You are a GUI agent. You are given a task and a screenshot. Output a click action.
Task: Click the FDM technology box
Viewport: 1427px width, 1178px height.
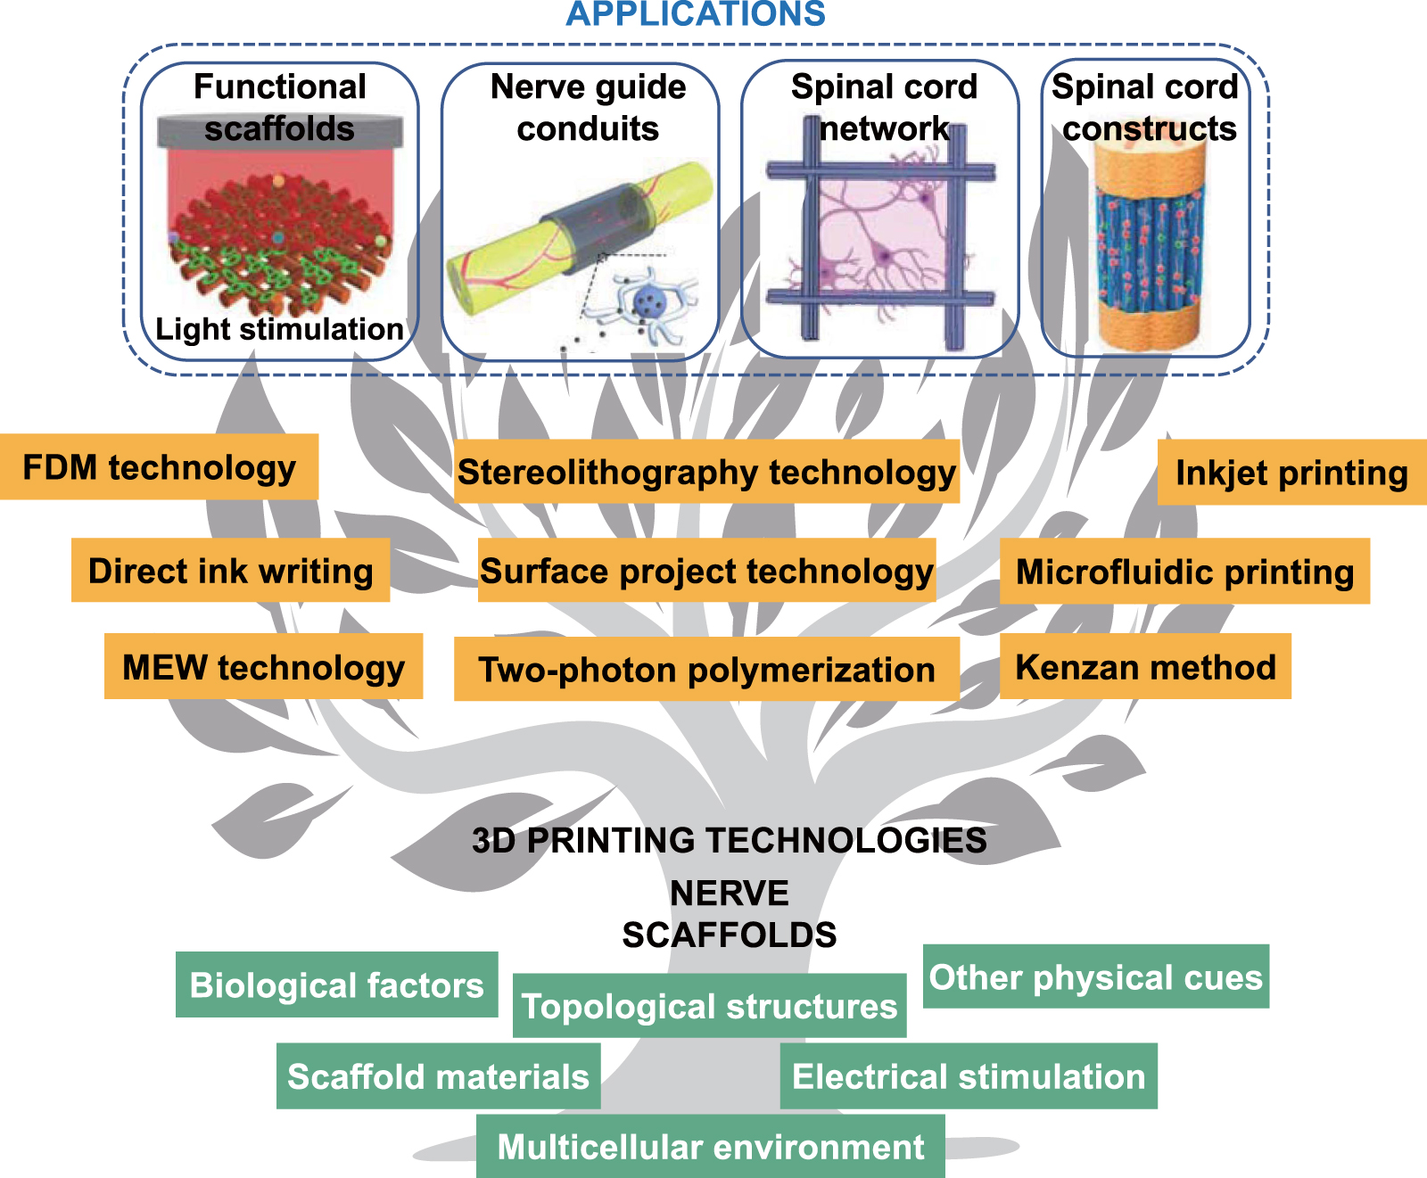159,467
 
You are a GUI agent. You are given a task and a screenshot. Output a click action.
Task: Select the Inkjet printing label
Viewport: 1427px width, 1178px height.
1291,473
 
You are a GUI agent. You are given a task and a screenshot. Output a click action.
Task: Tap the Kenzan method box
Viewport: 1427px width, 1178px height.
1145,667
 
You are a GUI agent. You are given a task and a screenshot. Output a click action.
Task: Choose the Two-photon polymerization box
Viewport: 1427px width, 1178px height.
706,669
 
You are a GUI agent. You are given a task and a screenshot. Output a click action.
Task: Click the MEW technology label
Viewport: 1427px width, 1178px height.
263,667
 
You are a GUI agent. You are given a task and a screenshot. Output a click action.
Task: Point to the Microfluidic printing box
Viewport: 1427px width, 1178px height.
1184,572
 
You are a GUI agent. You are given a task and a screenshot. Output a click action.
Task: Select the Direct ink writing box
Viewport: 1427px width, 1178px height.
230,571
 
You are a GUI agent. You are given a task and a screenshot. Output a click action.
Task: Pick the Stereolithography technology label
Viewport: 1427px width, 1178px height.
706,472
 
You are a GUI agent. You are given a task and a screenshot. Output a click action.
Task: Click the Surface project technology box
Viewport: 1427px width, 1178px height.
706,571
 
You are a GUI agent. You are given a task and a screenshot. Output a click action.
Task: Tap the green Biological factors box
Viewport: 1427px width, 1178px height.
336,985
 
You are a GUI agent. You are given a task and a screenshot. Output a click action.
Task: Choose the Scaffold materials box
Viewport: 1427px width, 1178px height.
438,1076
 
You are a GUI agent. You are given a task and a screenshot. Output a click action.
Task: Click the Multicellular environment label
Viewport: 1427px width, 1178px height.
710,1147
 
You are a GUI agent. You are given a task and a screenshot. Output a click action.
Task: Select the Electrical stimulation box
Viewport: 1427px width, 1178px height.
969,1076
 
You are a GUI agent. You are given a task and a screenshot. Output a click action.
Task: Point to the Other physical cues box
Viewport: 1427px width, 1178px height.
1095,977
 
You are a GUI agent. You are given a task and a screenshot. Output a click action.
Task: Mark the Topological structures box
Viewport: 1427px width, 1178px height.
709,1006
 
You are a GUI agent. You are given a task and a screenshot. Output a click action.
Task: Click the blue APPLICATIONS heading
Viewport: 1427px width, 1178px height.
696,14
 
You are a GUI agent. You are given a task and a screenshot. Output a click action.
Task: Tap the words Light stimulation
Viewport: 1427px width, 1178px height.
279,329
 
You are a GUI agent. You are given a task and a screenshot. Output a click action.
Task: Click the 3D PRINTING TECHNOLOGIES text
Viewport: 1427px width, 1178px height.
729,840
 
